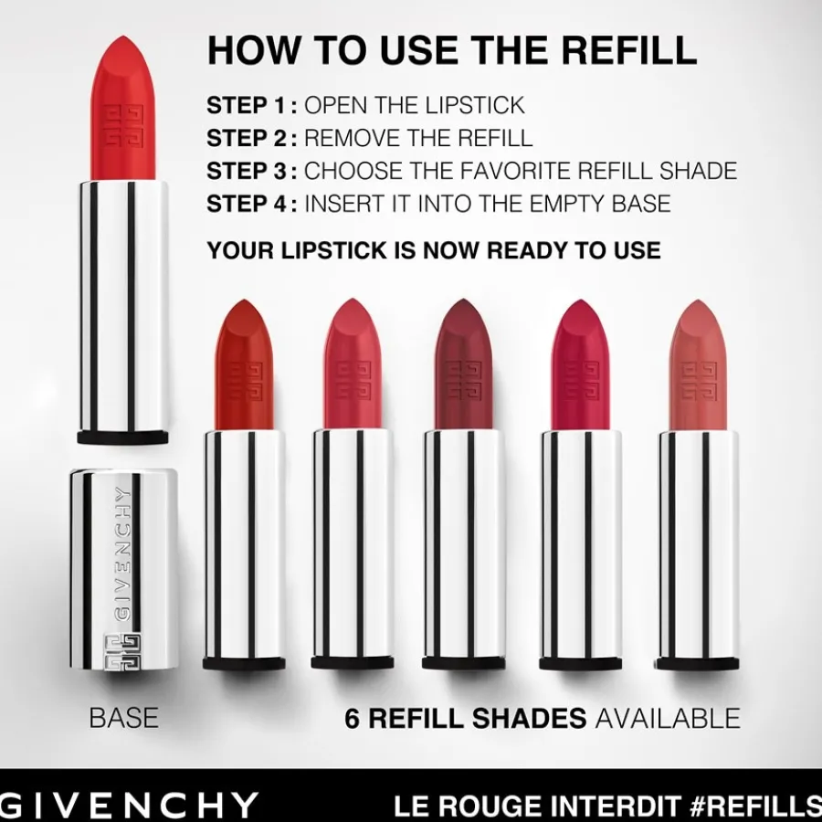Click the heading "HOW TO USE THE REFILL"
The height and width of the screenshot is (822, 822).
click(x=452, y=50)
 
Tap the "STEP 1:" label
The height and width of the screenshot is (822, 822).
click(x=252, y=105)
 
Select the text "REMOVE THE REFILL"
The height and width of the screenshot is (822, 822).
click(x=418, y=138)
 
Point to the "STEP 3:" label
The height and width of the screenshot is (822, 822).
click(x=252, y=171)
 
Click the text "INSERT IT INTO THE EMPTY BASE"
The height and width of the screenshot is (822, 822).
click(x=487, y=203)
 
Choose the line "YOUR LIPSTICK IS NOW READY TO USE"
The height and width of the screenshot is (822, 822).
click(x=433, y=249)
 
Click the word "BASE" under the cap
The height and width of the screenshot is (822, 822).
click(x=123, y=718)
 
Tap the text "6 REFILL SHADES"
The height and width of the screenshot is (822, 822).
click(x=465, y=718)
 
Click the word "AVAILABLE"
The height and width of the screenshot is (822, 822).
click(x=668, y=718)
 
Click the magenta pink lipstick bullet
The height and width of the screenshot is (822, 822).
click(x=581, y=365)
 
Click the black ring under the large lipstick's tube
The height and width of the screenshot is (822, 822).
click(x=123, y=437)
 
